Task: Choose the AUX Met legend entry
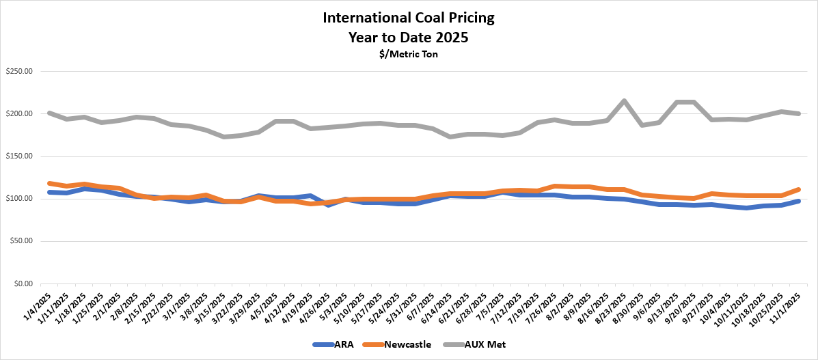(x=485, y=345)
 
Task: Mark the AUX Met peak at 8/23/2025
(x=624, y=101)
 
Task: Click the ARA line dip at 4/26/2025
(x=328, y=204)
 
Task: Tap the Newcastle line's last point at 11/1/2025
(x=797, y=189)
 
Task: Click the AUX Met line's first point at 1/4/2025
(x=50, y=113)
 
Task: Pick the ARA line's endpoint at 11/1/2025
(x=797, y=201)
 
